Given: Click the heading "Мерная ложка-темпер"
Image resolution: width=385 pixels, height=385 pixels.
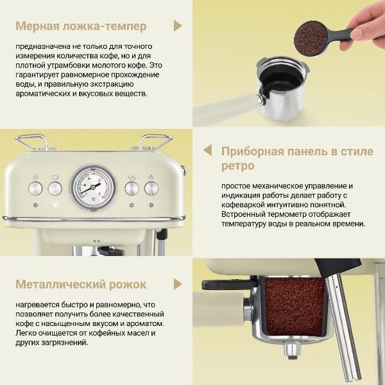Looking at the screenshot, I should point(81,26).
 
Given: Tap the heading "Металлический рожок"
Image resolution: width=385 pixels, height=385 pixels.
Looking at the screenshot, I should point(81,284).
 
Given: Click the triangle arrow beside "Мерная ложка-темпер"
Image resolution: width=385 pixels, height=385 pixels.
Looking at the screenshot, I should point(178,26).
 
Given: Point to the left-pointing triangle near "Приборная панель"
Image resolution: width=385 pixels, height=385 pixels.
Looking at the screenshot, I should point(207,151).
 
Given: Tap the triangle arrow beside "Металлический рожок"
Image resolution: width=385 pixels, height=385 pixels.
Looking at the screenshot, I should point(178,284).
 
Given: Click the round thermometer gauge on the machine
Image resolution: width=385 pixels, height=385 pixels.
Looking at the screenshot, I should point(93,187).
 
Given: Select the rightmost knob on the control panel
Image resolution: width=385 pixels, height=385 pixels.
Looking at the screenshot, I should point(151,188).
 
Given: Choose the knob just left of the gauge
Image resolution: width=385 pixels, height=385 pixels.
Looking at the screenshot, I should point(55,188).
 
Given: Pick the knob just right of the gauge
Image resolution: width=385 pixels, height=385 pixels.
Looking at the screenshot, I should point(132,188).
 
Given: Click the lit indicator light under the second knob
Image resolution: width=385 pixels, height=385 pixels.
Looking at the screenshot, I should point(55,205).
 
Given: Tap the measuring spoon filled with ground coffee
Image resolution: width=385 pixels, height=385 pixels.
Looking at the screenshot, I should point(311,38).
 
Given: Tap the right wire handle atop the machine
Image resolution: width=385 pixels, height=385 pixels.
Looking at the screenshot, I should point(155,141).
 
